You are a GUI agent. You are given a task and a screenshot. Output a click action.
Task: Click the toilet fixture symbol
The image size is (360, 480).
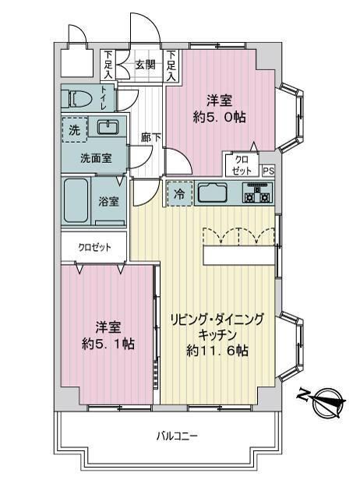point(79,98)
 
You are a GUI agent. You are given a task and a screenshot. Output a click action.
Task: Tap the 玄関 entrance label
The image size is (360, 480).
point(146,65)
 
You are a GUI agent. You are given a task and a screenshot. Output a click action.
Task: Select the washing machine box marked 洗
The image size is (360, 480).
point(74,130)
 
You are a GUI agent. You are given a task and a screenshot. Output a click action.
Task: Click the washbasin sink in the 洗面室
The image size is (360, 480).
point(108,127)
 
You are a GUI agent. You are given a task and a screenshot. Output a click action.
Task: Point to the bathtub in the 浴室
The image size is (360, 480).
point(76,200)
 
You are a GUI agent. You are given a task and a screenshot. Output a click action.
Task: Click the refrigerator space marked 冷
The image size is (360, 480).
point(180,193)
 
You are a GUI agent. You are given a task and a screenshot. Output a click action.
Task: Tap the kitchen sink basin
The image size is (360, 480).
point(213,192)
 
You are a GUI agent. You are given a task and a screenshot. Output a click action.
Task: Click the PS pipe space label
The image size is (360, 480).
point(269,171)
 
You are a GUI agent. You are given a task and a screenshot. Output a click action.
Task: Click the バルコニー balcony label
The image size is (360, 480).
point(177,436)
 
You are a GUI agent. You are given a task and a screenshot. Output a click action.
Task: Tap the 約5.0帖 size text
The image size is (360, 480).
point(220,117)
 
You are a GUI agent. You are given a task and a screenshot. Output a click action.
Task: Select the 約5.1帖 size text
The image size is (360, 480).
point(108,344)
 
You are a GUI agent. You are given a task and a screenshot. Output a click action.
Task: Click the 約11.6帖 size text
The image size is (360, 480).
point(217,350)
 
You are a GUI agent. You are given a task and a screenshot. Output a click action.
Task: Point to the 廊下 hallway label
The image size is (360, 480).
point(151,138)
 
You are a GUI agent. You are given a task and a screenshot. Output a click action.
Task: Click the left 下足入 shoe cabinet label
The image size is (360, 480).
point(108,65)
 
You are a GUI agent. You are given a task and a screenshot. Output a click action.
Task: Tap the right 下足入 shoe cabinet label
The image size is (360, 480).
point(171,65)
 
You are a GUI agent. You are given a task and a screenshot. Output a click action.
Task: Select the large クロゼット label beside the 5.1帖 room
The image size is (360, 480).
point(94,247)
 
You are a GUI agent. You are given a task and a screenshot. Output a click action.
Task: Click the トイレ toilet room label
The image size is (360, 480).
point(104,97)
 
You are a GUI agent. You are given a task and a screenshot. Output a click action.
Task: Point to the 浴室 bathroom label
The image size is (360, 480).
point(108,201)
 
